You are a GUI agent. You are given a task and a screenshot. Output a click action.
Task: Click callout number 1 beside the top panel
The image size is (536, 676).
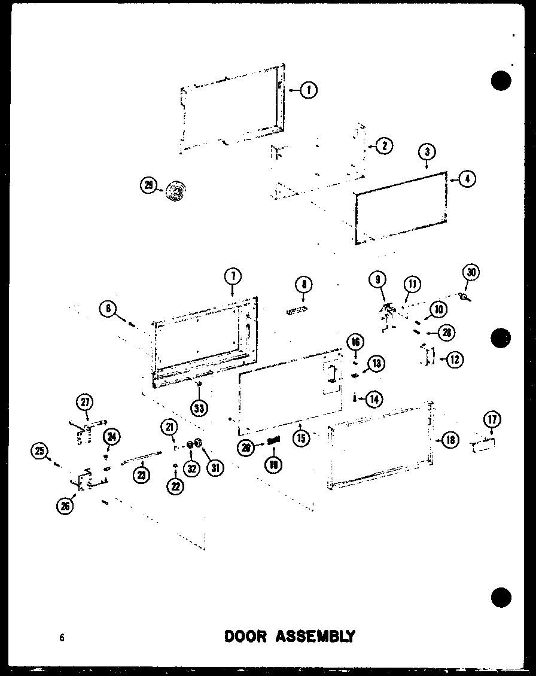tap(309, 90)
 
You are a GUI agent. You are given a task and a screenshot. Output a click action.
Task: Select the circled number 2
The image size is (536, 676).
tap(384, 145)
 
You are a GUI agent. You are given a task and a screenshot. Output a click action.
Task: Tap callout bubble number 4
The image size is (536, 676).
tap(468, 178)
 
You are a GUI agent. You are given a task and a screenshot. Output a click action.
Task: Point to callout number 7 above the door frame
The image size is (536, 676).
tap(233, 276)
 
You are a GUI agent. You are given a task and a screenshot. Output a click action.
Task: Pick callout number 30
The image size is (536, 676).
tap(471, 273)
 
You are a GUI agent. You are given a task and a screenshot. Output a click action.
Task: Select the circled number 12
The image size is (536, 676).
tap(455, 359)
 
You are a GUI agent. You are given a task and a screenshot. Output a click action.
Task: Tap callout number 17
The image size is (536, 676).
tap(493, 419)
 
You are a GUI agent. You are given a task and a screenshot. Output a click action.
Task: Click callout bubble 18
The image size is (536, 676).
tap(450, 440)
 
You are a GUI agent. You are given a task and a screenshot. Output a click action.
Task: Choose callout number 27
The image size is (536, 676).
tap(85, 401)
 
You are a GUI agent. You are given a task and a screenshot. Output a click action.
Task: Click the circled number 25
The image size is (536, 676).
tap(40, 452)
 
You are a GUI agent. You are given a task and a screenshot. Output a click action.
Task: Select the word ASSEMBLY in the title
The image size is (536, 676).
tap(315, 636)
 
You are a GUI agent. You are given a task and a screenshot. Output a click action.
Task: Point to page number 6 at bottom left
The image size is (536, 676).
tap(62, 638)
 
